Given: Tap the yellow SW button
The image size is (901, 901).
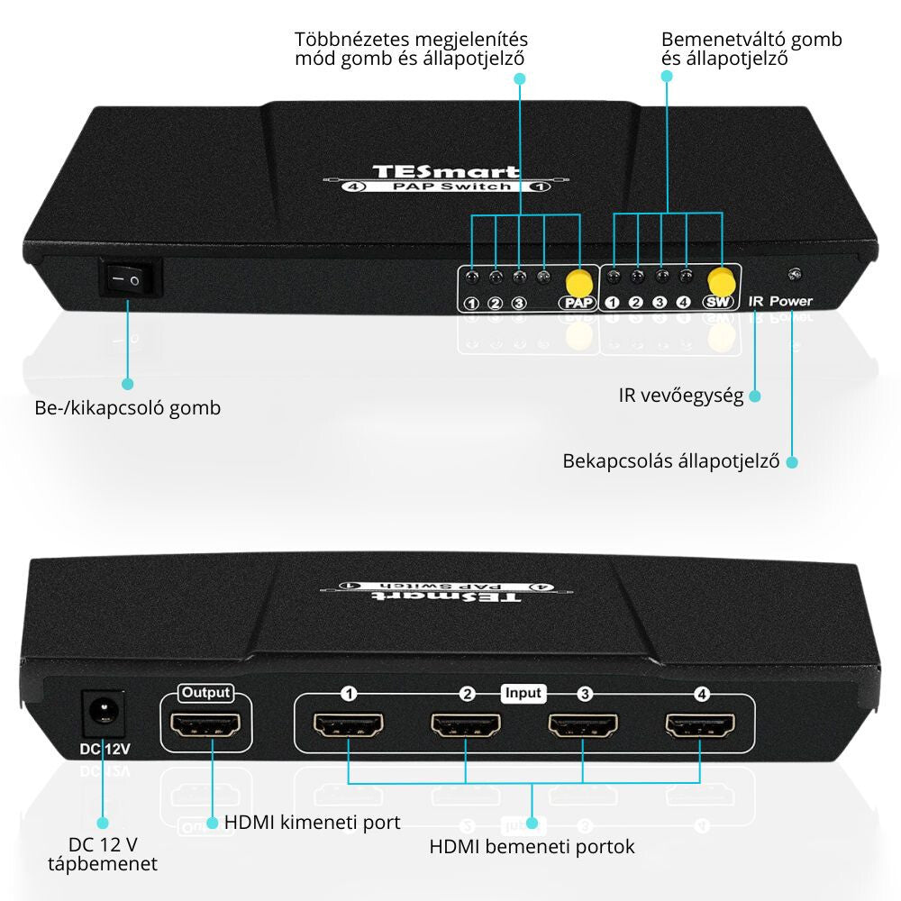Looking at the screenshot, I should click(x=720, y=278).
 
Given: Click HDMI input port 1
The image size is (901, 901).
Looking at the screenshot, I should click(x=348, y=724).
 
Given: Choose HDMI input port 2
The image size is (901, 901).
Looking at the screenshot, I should click(x=466, y=725).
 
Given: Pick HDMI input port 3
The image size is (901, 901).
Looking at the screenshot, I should click(x=584, y=725).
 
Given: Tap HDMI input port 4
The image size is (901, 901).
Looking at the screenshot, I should click(x=700, y=724).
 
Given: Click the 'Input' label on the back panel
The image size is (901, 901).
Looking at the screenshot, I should click(x=523, y=693).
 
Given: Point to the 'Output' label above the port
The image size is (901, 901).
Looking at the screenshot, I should click(x=205, y=693).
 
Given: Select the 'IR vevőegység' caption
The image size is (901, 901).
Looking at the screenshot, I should click(x=680, y=396).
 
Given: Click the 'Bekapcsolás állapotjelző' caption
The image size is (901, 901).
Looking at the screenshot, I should click(x=670, y=461).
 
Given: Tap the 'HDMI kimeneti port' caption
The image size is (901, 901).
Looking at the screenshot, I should click(x=312, y=822).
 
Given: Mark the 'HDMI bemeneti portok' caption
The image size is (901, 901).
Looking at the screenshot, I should click(x=532, y=846).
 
